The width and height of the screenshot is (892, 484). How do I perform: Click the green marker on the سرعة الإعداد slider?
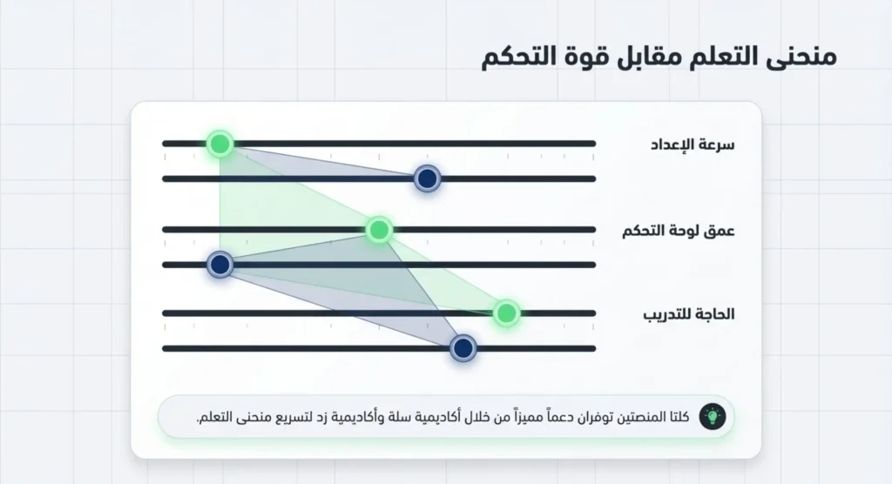220,144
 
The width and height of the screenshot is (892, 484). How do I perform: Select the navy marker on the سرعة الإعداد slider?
427,178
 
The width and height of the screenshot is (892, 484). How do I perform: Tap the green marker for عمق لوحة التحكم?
378,230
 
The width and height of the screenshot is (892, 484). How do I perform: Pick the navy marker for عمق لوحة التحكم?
220,265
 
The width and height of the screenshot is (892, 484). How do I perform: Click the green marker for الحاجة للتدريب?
506,313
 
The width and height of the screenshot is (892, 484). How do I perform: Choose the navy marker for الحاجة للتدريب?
463,348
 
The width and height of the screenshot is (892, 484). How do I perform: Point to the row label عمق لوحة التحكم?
679,231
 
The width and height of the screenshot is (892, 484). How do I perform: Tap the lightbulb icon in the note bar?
713,416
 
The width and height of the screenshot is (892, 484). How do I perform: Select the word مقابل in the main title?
654,57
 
